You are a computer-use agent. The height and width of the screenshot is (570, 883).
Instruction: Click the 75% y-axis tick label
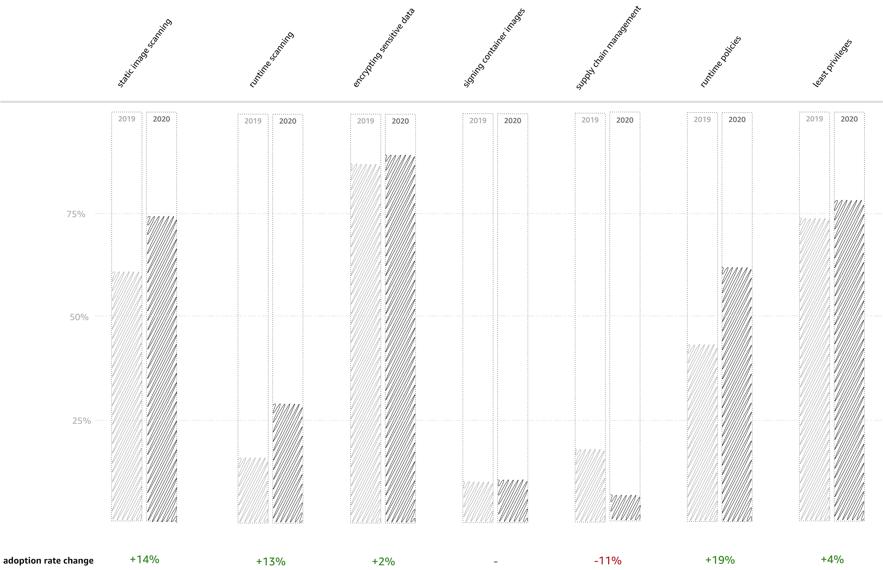tap(76, 214)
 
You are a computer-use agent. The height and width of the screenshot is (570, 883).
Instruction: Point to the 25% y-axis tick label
tap(81, 421)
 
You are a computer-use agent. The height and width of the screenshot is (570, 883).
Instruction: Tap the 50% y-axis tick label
tap(79, 317)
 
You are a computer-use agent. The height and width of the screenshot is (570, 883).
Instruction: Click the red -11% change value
tap(608, 561)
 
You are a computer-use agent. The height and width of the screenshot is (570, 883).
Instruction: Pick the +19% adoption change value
tap(720, 560)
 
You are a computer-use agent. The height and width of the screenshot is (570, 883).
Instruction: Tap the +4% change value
tap(832, 559)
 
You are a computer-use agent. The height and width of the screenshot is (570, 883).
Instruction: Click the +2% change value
tap(383, 561)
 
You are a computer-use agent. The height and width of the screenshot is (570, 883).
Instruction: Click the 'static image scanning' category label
tap(144, 53)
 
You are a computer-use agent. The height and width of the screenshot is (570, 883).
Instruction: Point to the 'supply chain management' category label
tap(608, 47)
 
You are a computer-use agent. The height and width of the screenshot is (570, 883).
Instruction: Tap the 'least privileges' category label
tap(832, 63)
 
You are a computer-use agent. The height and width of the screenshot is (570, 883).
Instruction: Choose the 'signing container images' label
tap(494, 47)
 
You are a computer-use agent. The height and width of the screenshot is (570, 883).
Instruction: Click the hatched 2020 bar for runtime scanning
tap(288, 463)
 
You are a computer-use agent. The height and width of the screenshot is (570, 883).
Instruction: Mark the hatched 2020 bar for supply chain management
tap(625, 508)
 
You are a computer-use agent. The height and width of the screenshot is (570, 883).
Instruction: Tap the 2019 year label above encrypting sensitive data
tap(365, 121)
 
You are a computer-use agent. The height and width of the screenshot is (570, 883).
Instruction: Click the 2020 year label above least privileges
tap(849, 119)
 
